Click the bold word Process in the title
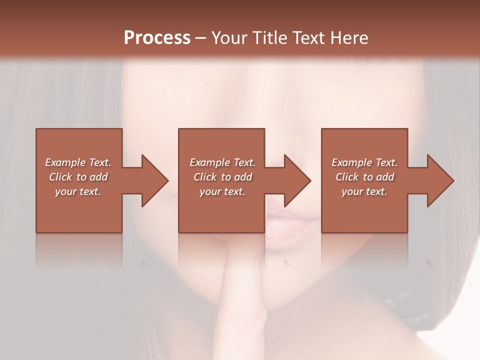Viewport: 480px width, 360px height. tap(157, 38)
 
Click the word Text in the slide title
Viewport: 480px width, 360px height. tap(308, 38)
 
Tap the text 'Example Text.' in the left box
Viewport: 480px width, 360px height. tap(78, 162)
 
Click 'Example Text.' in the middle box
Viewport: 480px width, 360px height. tap(222, 162)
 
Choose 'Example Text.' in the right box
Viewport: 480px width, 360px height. tap(364, 162)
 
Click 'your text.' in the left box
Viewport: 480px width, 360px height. tap(78, 191)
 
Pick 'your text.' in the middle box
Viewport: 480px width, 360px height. tap(222, 191)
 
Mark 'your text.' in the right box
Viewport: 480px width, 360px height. tap(364, 191)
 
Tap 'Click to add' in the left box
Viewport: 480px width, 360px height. tap(78, 177)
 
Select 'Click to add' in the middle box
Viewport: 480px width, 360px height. tap(222, 177)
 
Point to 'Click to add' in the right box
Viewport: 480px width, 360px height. tap(364, 177)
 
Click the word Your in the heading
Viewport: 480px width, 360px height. tap(228, 38)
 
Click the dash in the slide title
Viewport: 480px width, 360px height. tap(201, 38)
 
